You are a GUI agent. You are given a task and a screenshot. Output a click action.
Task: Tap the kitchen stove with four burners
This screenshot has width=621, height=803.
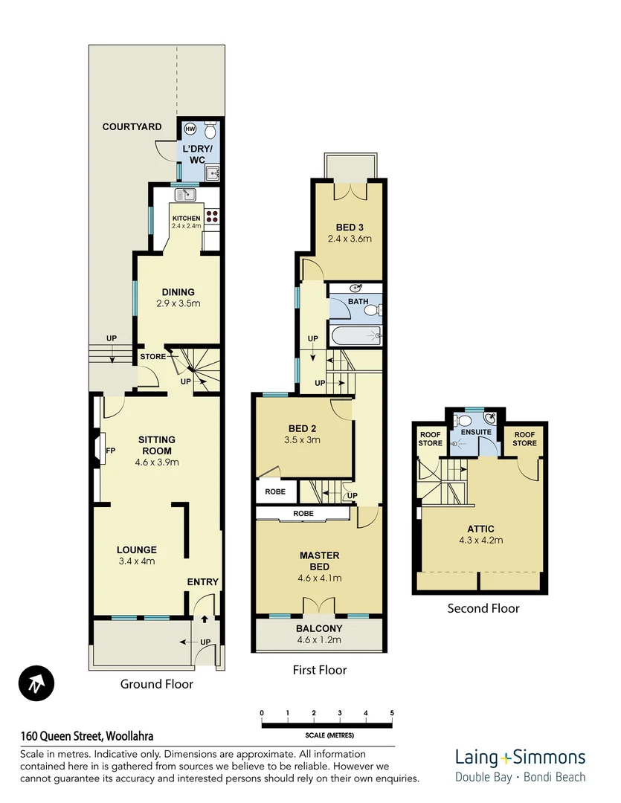(211, 216)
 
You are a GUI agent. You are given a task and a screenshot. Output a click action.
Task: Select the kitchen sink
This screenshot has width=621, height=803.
(185, 195)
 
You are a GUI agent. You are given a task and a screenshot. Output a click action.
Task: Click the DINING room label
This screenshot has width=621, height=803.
(178, 292)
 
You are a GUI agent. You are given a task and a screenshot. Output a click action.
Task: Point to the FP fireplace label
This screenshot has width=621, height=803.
(110, 451)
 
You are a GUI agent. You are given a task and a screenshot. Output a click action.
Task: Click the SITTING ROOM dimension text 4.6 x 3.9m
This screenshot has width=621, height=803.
(157, 462)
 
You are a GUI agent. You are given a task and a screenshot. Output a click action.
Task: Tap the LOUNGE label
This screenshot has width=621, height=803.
(136, 550)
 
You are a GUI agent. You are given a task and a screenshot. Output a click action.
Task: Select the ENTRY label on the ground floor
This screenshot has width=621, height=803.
(202, 582)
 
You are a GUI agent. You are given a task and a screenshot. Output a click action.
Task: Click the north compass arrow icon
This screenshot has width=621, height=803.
(36, 683)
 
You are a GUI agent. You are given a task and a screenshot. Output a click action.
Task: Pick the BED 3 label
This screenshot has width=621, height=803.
(349, 228)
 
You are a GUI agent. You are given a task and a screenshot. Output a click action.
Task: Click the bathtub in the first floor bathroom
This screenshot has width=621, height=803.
(355, 336)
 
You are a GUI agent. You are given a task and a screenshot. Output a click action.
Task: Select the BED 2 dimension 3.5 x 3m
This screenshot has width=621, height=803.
(303, 439)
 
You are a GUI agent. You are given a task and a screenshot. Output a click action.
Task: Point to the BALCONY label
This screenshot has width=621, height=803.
(319, 628)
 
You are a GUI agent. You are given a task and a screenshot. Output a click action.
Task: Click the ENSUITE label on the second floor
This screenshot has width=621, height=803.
(476, 432)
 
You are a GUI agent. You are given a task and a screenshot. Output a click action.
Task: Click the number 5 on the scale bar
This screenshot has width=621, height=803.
(392, 712)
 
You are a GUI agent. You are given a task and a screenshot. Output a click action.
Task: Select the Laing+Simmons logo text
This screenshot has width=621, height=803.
(520, 758)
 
